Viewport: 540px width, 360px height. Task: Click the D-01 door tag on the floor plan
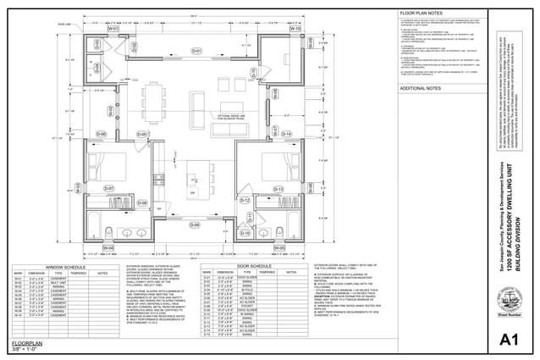[196, 52]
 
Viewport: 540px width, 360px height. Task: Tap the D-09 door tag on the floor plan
[195, 224]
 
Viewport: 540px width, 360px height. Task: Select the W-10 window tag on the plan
[295, 28]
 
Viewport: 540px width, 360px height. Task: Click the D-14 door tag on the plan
[286, 134]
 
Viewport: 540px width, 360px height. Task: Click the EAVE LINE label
[64, 25]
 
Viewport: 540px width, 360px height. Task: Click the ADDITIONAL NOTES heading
[422, 87]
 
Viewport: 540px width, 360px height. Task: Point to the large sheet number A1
[508, 340]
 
